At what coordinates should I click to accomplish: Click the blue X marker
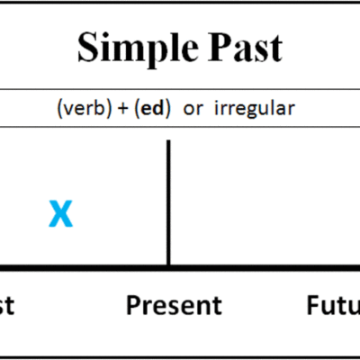tap(60, 214)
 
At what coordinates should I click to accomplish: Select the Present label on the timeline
tap(174, 306)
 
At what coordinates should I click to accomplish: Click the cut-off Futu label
tap(331, 306)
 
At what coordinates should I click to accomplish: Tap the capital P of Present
tap(133, 306)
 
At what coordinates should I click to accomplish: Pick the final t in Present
tap(217, 306)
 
